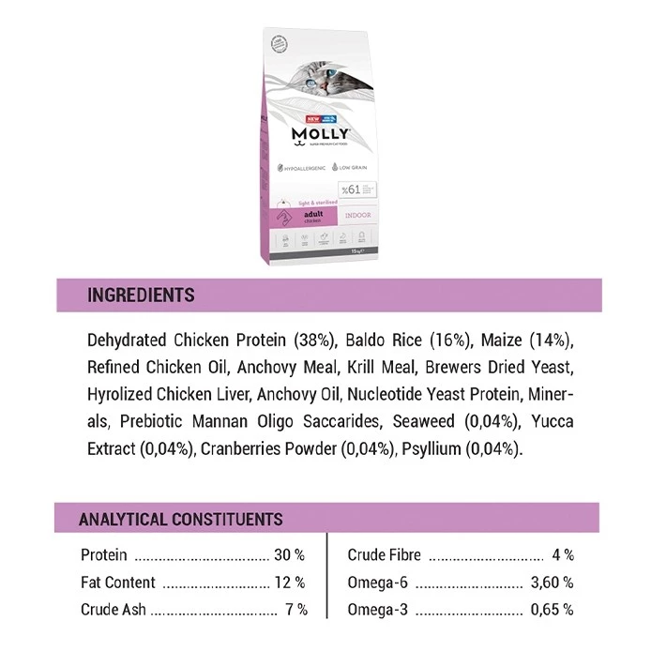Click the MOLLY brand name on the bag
(x=322, y=134)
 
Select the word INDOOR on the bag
(x=357, y=215)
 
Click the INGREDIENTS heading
(x=141, y=295)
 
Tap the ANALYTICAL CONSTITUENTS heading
(x=181, y=519)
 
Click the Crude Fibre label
(x=385, y=555)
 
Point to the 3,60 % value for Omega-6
(x=552, y=583)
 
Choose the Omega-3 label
(x=377, y=610)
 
